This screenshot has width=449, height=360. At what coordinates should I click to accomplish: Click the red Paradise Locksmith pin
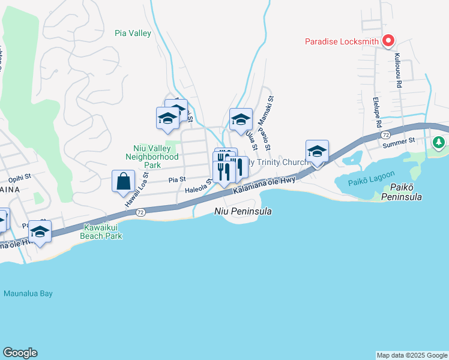[388, 40]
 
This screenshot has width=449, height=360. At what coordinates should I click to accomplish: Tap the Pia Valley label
[133, 34]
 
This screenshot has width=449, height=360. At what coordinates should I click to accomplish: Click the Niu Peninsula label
[243, 211]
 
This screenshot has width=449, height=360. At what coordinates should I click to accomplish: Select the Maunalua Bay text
[28, 293]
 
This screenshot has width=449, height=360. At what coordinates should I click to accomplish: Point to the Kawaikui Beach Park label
[102, 232]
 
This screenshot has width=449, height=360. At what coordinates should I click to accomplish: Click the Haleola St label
[198, 190]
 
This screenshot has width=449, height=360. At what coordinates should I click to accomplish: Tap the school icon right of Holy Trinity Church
[316, 151]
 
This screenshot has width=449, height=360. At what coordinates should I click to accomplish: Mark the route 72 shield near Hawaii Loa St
[140, 212]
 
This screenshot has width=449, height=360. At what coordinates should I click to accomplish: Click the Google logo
[20, 353]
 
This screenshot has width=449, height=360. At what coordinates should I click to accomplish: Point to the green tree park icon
[439, 143]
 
